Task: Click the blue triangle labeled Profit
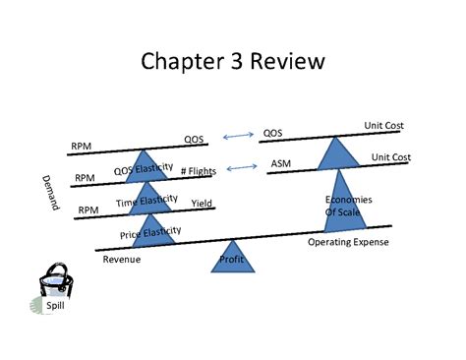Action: (x=232, y=259)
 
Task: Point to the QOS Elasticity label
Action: (x=144, y=169)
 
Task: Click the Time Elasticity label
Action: (x=146, y=201)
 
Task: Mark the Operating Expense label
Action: (x=348, y=242)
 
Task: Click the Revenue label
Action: (x=122, y=260)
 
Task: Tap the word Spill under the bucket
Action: (x=55, y=304)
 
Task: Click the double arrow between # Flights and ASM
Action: (x=241, y=168)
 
